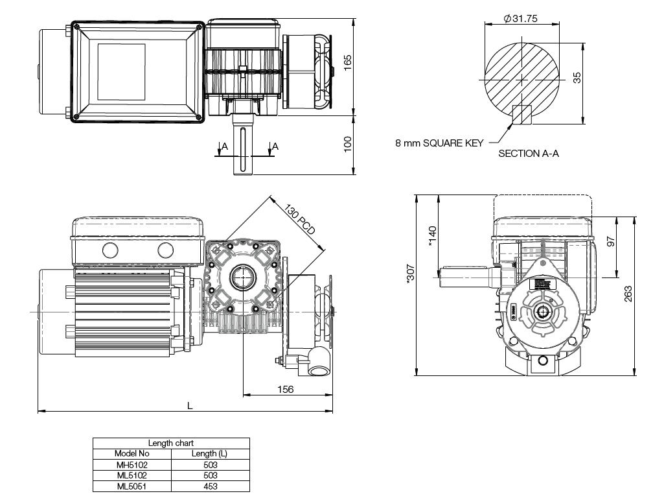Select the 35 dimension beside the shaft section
tap(578, 77)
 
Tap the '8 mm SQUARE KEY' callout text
tap(439, 143)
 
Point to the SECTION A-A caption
tap(528, 154)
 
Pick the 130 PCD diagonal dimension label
tap(300, 220)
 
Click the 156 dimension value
tap(285, 389)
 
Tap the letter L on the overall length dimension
tap(189, 405)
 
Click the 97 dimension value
tap(611, 241)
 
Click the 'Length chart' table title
tap(170, 443)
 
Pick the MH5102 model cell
tap(132, 465)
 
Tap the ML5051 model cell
tap(132, 486)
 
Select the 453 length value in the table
tap(210, 486)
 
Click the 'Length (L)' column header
tap(210, 454)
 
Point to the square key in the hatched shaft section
tap(521, 114)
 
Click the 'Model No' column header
tap(132, 454)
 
